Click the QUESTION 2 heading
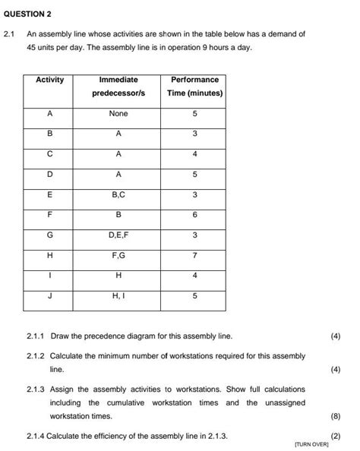point(27,14)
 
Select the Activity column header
point(50,80)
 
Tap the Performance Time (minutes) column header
point(194,86)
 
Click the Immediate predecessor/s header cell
point(118,86)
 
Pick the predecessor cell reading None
point(118,113)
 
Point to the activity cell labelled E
point(50,195)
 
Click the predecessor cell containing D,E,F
point(118,235)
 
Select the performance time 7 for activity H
point(194,256)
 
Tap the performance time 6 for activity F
point(194,216)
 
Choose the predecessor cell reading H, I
point(118,297)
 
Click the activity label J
point(50,297)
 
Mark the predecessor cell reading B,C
point(118,195)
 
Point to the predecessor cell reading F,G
point(118,256)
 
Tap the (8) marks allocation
point(336,417)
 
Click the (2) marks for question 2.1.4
point(336,436)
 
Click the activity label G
point(50,235)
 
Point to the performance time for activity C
point(194,154)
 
